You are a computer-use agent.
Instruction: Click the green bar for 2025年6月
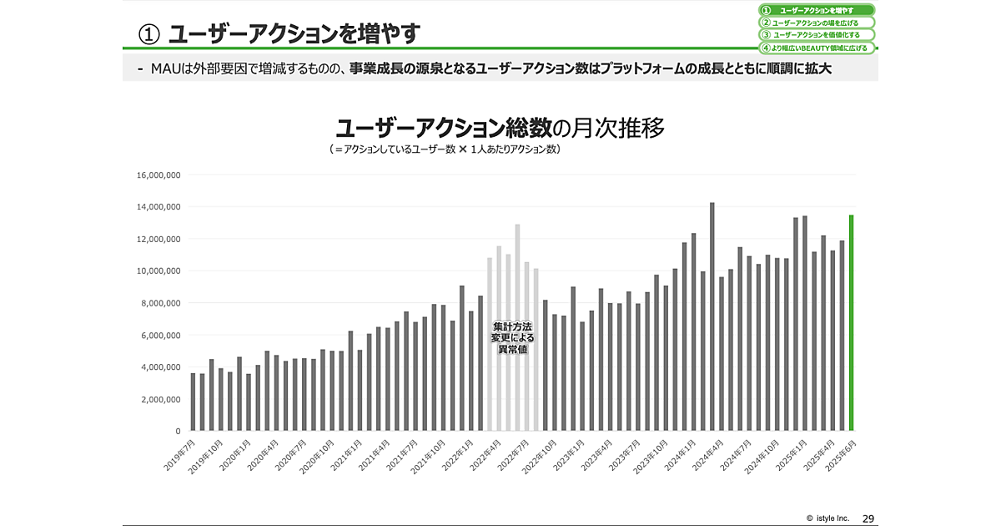click(x=852, y=323)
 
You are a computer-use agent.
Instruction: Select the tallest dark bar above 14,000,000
click(x=712, y=316)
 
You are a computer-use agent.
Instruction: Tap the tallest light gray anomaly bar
click(x=517, y=327)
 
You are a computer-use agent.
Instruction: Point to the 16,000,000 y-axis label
click(x=158, y=175)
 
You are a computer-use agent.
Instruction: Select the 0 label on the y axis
click(x=178, y=431)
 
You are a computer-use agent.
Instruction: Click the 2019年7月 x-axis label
click(x=181, y=455)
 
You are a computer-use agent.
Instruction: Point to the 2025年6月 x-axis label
click(x=839, y=455)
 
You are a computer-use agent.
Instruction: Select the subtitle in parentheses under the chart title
click(x=444, y=149)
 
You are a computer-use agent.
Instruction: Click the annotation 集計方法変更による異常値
click(x=513, y=338)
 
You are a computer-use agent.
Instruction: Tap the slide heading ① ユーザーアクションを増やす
click(x=279, y=33)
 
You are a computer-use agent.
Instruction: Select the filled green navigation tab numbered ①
click(x=816, y=10)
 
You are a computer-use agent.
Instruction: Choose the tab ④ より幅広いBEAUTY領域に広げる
click(x=816, y=48)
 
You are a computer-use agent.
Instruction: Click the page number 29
click(x=868, y=518)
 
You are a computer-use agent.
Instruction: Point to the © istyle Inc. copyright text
click(x=827, y=518)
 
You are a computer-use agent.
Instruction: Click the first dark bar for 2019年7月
click(x=194, y=402)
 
